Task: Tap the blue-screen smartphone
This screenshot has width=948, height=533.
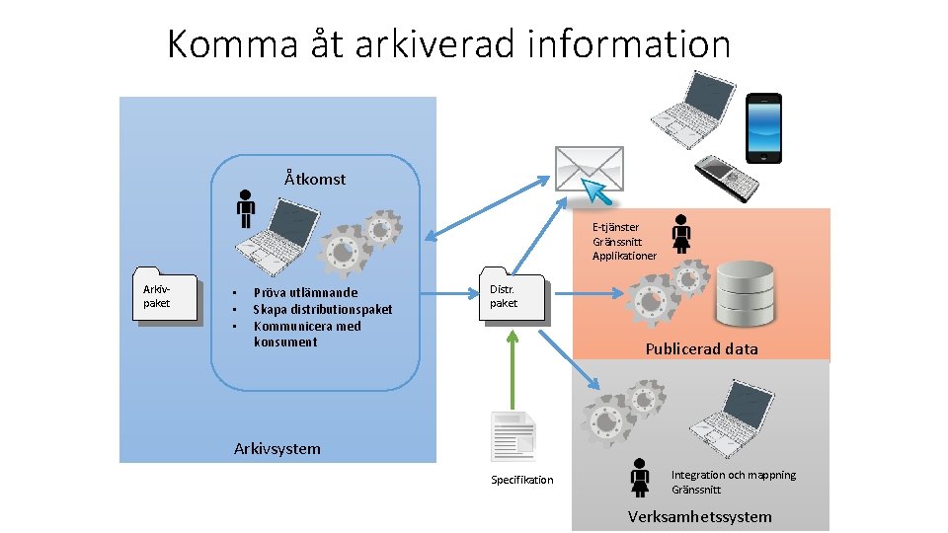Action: coord(763,127)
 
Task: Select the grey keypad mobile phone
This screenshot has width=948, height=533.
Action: coord(726,178)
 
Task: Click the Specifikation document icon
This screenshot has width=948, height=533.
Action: coord(513,436)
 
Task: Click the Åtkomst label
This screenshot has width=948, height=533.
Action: coord(315,179)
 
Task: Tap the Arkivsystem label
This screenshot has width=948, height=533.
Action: coord(276,448)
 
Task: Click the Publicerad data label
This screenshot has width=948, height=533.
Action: coord(701,348)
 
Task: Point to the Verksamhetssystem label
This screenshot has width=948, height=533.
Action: coord(700,516)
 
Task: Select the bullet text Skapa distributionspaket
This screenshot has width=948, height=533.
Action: coord(322,309)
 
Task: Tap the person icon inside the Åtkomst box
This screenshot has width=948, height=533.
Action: coord(246,209)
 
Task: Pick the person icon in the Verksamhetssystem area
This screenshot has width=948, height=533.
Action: coord(640,478)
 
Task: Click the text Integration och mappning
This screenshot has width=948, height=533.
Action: coord(733,475)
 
